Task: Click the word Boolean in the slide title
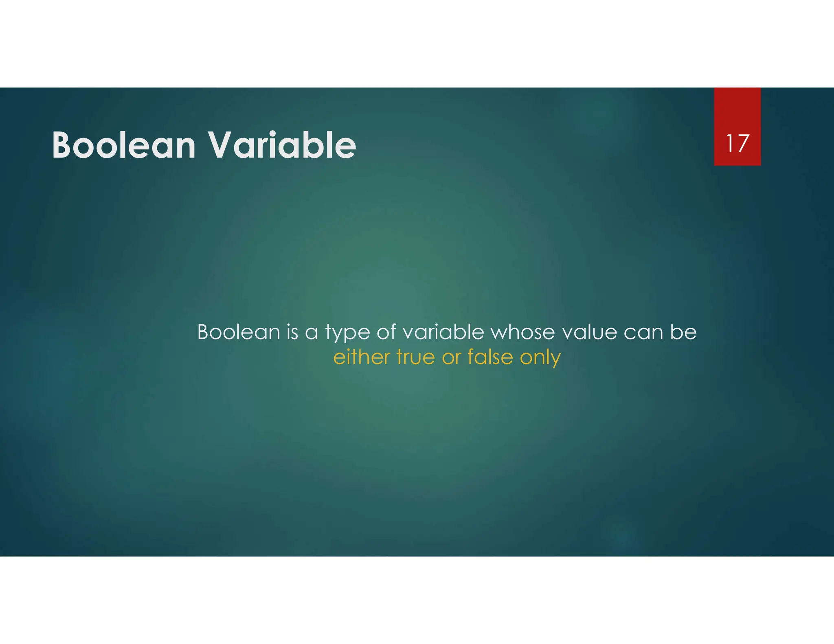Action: click(124, 145)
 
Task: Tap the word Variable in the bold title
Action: click(282, 145)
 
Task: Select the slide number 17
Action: click(737, 143)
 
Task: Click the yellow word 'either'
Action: click(362, 357)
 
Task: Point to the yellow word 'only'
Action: click(540, 358)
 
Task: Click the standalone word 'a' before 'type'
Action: click(311, 333)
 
